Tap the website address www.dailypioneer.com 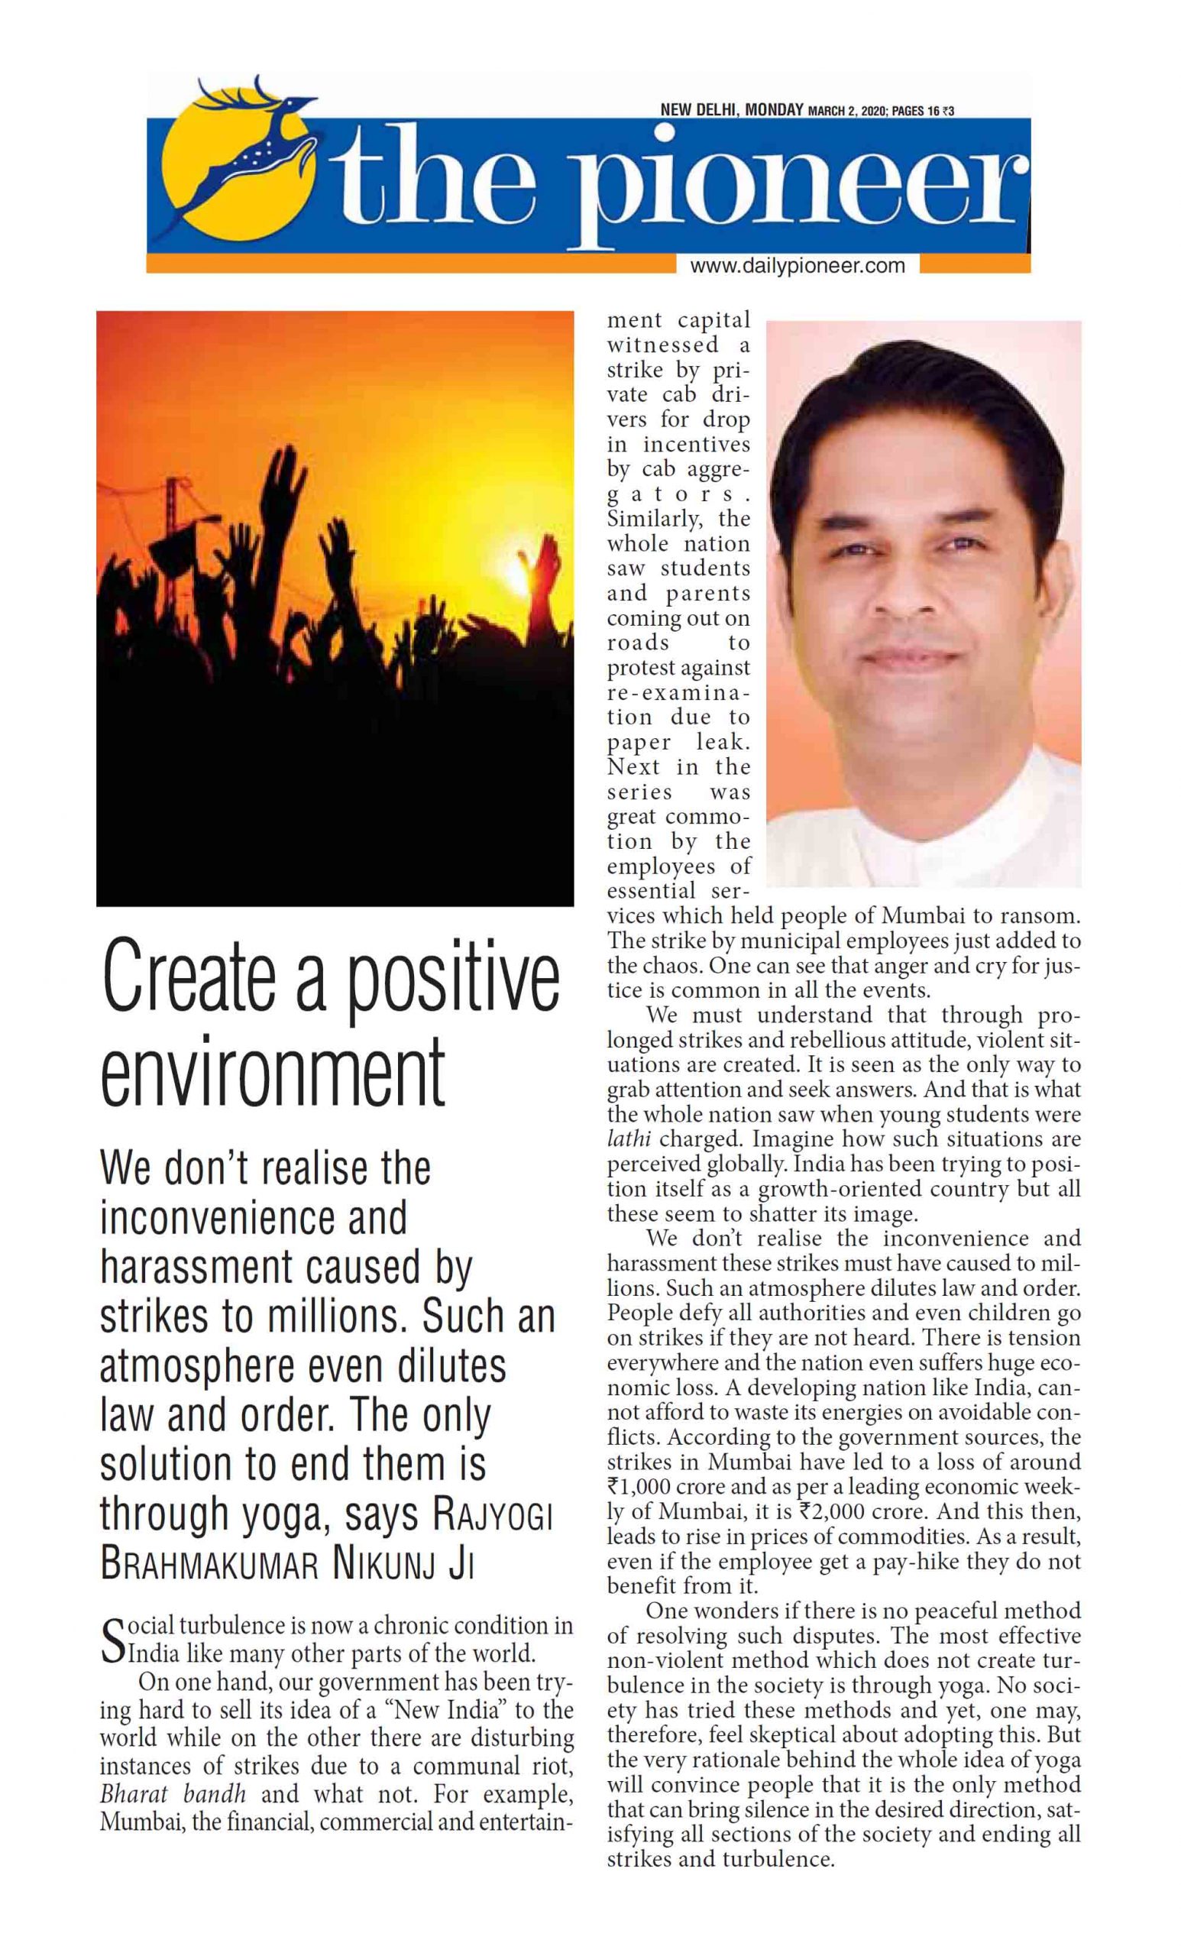point(797,267)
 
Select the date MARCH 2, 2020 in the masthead point(848,110)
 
